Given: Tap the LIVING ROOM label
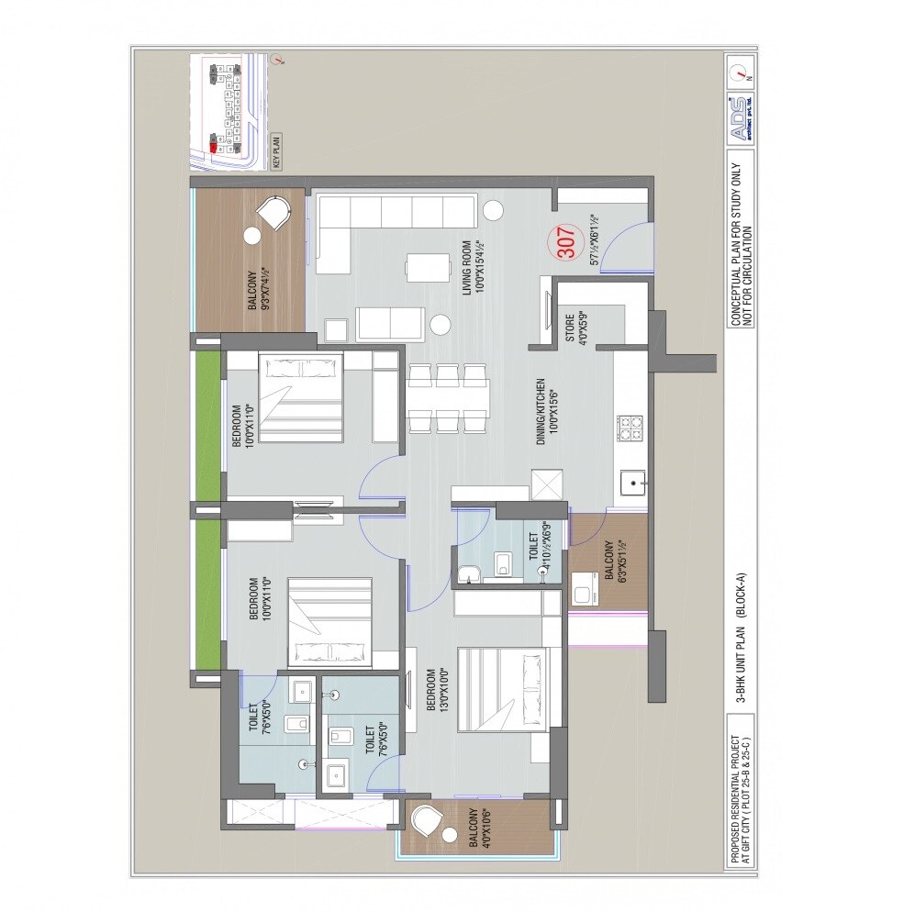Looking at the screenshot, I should point(473,267).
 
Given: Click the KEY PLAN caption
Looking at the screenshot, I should point(276,150).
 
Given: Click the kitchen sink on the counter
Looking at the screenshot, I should point(632,481).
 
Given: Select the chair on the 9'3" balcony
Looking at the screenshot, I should point(273,216).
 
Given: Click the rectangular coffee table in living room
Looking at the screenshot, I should point(429,268).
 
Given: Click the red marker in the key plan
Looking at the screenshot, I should point(213,145).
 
